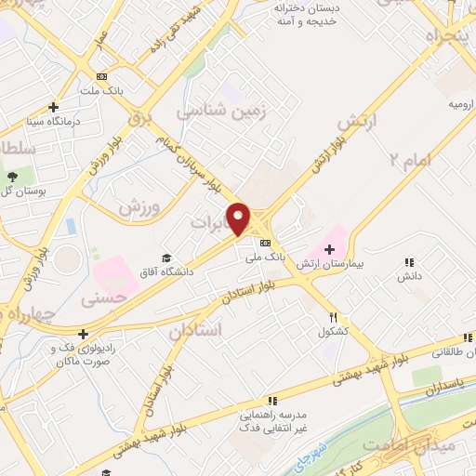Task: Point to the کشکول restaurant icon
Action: pos(333,317)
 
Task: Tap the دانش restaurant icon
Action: pos(409,264)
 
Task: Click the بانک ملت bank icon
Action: pos(101,77)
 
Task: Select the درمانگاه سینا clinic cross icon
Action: pos(54,107)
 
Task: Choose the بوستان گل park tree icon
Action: pos(11,177)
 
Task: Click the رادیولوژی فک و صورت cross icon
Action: pos(84,334)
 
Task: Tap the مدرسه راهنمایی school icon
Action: pos(271,400)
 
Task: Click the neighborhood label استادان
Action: pos(196,329)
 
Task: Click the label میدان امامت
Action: pos(443,447)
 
